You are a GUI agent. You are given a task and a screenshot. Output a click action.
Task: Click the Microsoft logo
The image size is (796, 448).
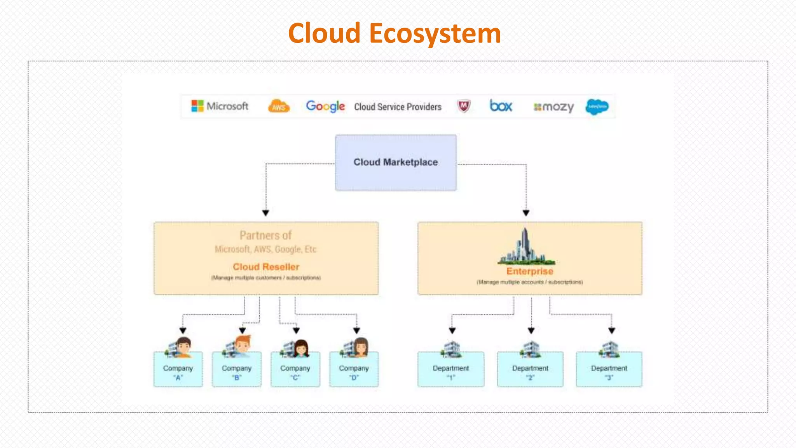tap(220, 106)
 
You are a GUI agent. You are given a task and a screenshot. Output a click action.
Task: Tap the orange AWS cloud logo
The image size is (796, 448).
tap(279, 106)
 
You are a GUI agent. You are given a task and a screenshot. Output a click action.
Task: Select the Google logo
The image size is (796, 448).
tap(325, 106)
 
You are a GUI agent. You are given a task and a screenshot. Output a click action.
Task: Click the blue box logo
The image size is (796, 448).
tap(501, 106)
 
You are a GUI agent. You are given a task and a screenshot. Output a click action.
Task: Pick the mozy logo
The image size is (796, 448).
tap(554, 107)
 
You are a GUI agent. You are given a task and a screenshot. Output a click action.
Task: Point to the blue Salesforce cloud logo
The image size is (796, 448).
tap(597, 107)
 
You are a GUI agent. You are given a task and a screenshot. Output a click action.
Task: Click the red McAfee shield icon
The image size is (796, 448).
tap(463, 106)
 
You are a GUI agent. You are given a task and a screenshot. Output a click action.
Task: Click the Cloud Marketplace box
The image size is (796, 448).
tap(396, 163)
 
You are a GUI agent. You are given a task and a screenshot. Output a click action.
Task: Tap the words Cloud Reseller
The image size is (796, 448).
tap(266, 267)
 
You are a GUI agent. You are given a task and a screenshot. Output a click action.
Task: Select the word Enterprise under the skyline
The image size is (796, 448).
tap(529, 271)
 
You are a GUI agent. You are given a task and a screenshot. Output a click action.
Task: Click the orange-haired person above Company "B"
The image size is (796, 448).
tap(243, 344)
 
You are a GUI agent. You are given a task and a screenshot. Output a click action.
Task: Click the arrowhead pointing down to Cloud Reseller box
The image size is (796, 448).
tap(266, 213)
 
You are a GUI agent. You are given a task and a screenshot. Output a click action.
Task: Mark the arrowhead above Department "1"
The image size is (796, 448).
tap(452, 331)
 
